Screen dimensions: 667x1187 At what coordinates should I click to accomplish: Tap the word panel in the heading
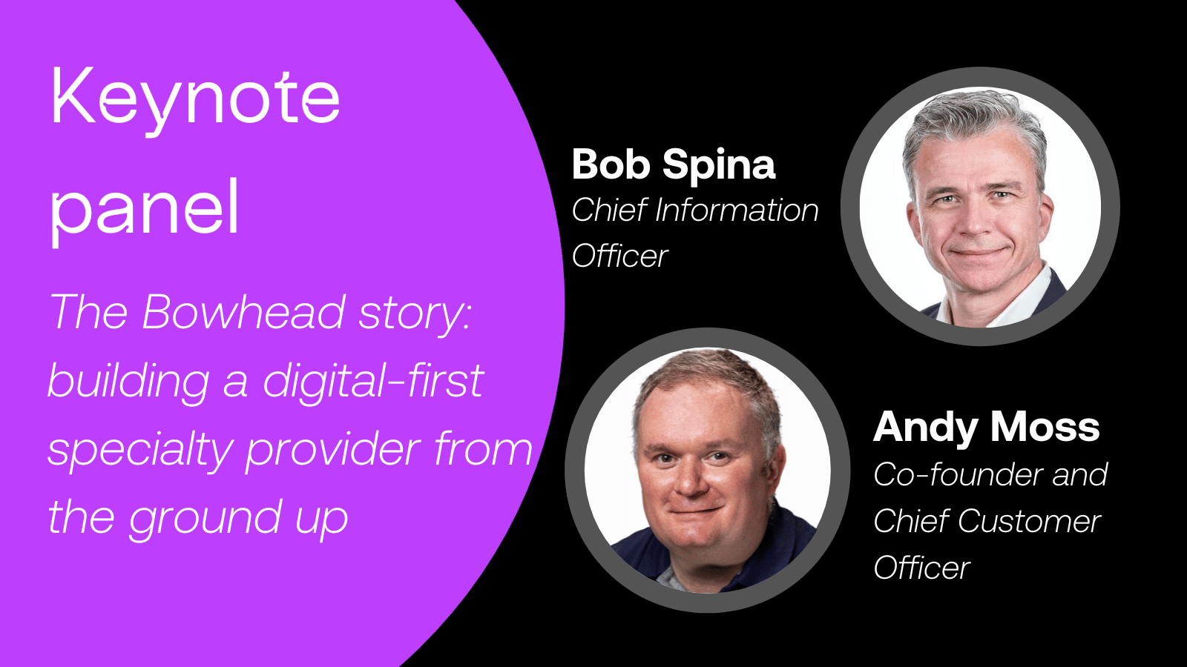(x=145, y=208)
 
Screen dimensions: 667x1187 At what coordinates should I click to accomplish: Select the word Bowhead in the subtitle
(x=243, y=312)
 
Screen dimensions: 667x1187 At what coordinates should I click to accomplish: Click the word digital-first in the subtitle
(x=373, y=381)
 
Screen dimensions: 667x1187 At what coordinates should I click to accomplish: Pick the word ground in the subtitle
(x=205, y=517)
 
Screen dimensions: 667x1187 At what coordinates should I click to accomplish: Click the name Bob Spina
(x=673, y=164)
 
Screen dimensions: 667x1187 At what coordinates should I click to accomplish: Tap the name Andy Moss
(x=986, y=427)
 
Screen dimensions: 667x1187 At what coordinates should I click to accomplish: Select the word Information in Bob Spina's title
(x=737, y=210)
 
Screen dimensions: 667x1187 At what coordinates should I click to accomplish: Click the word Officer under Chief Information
(x=619, y=256)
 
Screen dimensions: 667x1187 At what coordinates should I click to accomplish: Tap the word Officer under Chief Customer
(x=921, y=568)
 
